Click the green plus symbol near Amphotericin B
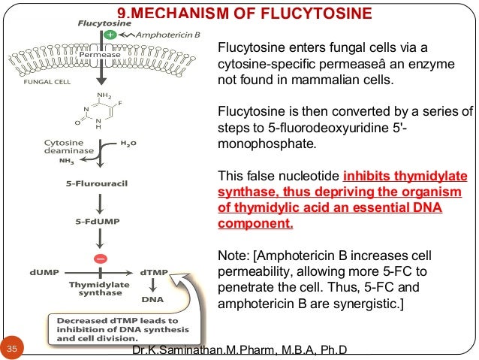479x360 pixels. [x=110, y=35]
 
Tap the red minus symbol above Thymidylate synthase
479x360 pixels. [x=99, y=259]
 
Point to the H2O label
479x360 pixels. [x=129, y=142]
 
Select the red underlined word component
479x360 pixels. [x=255, y=224]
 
